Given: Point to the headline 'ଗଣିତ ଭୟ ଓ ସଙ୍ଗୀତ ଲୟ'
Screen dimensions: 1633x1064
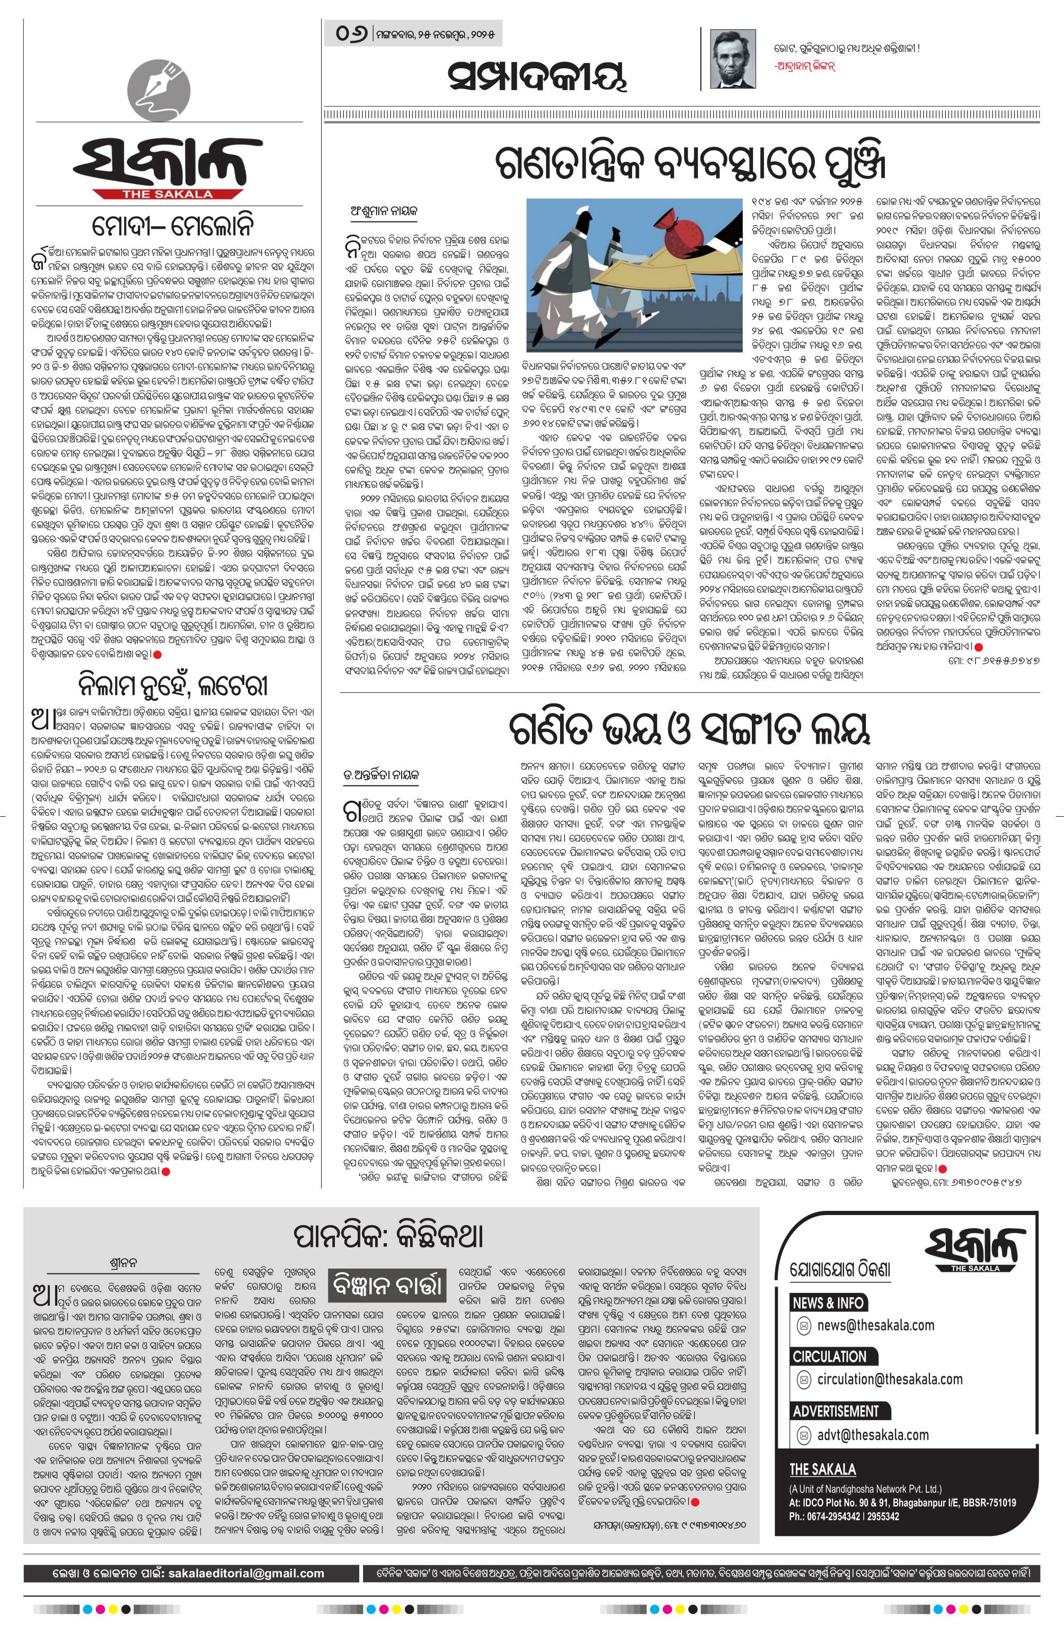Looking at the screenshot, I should pos(690,728).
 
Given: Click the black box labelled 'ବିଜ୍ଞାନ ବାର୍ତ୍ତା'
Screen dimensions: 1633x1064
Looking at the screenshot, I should pos(388,1285).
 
